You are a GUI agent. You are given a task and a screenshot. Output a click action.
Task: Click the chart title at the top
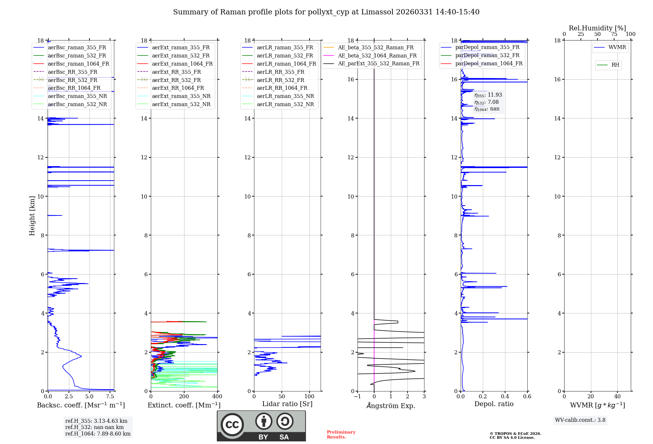point(326,12)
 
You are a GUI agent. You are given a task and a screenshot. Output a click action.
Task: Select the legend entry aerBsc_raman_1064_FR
point(78,64)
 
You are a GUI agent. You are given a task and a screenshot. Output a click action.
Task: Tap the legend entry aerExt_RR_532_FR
point(176,80)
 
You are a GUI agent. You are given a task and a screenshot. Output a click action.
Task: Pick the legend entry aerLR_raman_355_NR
point(285,96)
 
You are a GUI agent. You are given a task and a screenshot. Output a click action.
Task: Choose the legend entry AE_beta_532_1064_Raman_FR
point(377,55)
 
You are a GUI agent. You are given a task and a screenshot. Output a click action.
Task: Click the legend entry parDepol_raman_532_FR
point(487,55)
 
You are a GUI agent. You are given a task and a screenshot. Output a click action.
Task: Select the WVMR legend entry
point(617,47)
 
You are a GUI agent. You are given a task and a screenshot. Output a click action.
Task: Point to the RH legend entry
point(615,65)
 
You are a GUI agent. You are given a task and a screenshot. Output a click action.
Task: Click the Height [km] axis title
point(32,215)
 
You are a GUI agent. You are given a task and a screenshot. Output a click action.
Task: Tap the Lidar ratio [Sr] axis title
point(287,404)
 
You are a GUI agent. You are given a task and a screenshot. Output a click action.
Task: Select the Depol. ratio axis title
point(494,404)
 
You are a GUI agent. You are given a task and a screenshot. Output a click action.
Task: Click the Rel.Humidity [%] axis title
point(597,28)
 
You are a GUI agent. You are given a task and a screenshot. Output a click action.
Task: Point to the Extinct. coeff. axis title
point(184,405)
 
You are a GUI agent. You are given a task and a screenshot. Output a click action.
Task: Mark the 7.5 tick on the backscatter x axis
point(110,397)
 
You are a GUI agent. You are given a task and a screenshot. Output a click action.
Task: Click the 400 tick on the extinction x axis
point(217,397)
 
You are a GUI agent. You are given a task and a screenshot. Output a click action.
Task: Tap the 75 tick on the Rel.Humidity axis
point(614,34)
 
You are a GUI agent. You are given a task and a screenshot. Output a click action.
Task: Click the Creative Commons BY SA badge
point(261,426)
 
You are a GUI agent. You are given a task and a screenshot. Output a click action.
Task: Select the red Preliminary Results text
point(341,434)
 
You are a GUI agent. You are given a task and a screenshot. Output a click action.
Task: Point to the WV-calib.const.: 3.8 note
point(580,420)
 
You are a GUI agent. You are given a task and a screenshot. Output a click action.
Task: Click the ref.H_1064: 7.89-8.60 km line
point(98,434)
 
